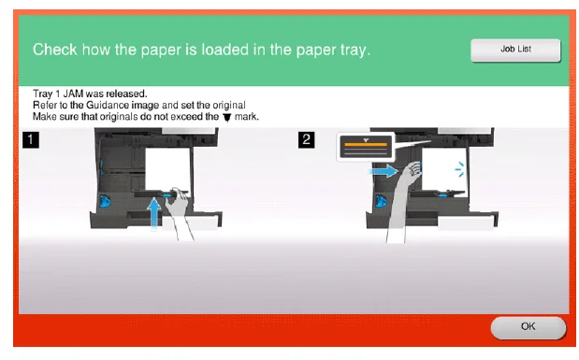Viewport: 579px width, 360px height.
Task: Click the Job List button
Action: (x=515, y=50)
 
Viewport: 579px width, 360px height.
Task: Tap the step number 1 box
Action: (x=31, y=139)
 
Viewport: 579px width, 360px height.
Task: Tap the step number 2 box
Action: (x=306, y=139)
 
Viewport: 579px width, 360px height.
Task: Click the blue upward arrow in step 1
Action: (x=153, y=214)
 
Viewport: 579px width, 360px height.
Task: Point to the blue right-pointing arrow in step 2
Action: (x=384, y=171)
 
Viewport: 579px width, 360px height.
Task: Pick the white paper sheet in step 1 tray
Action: (x=168, y=169)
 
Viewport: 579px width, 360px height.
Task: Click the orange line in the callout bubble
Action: (x=366, y=144)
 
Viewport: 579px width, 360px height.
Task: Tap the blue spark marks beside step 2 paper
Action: (x=459, y=169)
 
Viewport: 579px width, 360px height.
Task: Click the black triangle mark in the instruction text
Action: (x=227, y=118)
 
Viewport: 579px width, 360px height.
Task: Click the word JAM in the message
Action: (x=73, y=94)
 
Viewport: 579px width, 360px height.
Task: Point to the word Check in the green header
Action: (x=54, y=50)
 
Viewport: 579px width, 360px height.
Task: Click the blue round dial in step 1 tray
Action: (x=105, y=202)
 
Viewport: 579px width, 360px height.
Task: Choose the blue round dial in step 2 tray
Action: (x=381, y=202)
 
